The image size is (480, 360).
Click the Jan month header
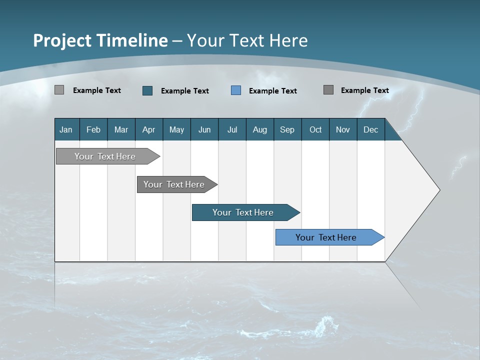pos(66,129)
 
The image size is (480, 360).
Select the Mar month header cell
pos(121,129)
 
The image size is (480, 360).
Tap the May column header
pos(176,129)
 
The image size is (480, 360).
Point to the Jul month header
pos(232,129)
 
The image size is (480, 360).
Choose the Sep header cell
pos(287,129)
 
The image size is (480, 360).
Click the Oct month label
pos(315,129)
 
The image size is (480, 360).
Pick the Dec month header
pos(370,129)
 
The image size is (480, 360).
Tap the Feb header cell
pos(93,129)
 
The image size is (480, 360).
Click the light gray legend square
pos(59,90)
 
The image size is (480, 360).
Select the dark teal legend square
pos(147,90)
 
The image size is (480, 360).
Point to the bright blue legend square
pos(236,90)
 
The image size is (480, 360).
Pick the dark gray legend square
pos(328,90)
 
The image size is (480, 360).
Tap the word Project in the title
pos(60,40)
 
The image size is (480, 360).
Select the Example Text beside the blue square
pos(273,91)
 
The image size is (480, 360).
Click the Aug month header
pos(259,129)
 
